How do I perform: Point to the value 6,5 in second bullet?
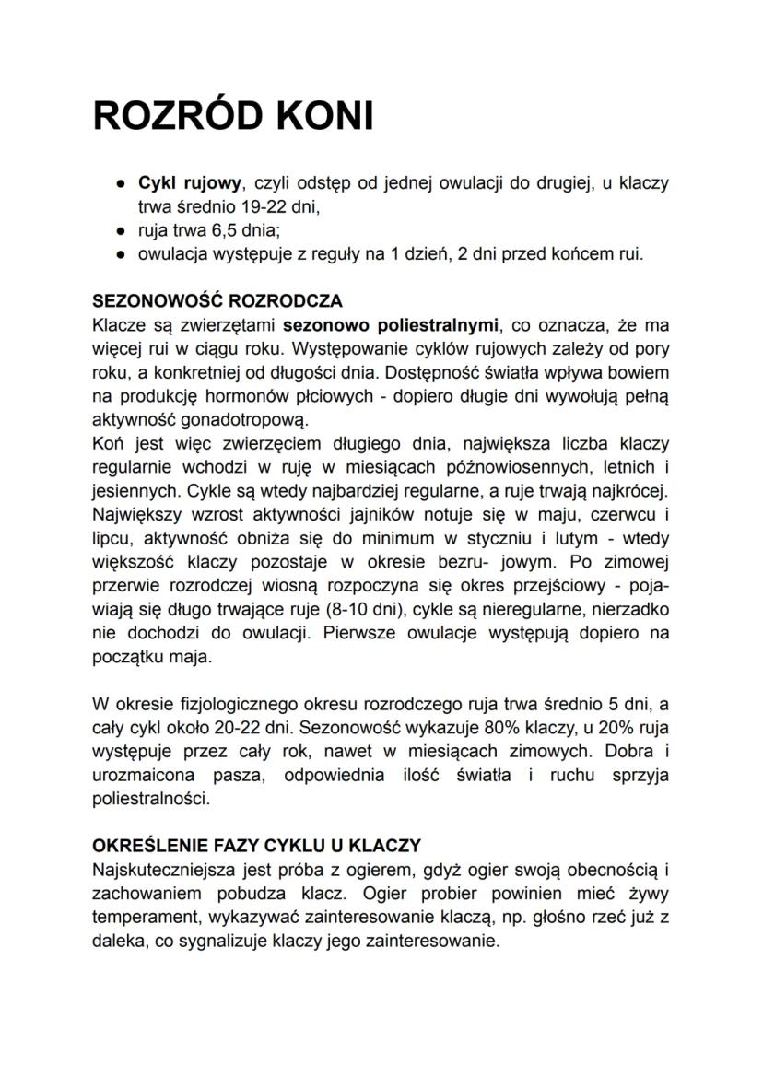(x=228, y=230)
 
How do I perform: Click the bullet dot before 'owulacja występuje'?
(x=121, y=254)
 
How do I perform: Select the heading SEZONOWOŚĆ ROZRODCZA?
(x=217, y=301)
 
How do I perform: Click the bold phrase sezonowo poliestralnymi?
(x=390, y=325)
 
